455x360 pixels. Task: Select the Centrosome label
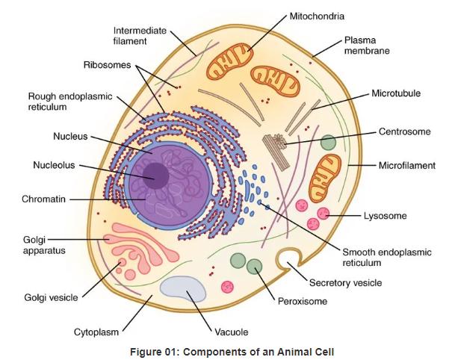[404, 131]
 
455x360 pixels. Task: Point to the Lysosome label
[385, 216]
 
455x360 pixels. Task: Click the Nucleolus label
[54, 165]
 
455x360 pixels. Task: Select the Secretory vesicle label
[345, 283]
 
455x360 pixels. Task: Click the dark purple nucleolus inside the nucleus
[155, 175]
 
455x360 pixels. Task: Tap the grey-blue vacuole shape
[183, 290]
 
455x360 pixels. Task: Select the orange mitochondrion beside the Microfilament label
[326, 173]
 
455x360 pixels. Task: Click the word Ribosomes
[106, 65]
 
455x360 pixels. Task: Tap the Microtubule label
[395, 93]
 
